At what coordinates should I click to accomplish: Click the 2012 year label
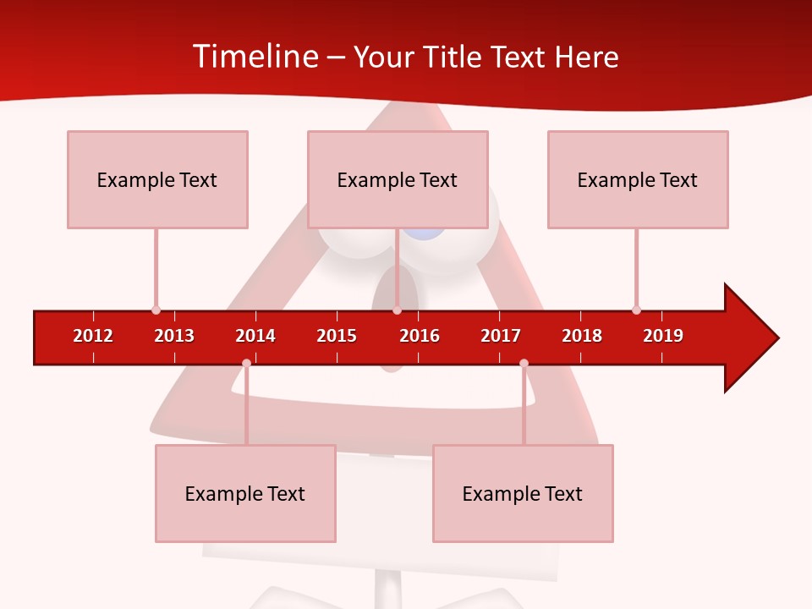93,336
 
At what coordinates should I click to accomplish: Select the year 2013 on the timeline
174,336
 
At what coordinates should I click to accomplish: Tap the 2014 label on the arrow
255,336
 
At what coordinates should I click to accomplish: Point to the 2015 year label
337,336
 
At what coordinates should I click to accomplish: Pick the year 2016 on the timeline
420,336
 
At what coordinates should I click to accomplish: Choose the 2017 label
501,336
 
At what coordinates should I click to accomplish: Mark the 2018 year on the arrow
582,336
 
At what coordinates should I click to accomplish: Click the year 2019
663,336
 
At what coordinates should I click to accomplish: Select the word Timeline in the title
255,57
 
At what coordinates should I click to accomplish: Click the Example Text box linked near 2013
157,179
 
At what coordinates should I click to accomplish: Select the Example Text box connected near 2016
398,179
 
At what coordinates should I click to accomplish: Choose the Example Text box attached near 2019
638,179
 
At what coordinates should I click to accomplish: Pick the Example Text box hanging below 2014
245,493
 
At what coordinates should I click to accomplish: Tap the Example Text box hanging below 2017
523,493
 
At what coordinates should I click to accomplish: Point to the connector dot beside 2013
156,310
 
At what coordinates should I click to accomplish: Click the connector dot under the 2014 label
246,364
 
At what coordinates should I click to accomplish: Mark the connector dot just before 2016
397,310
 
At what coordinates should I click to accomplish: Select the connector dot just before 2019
636,310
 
